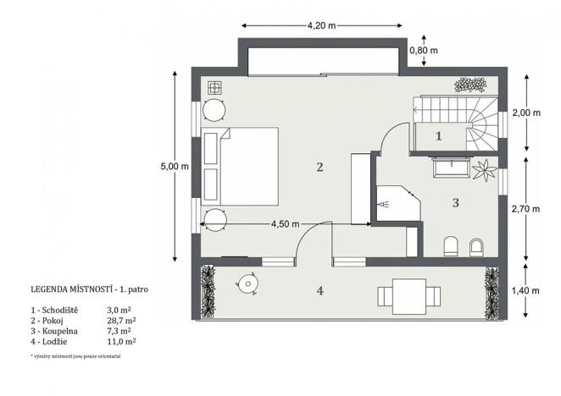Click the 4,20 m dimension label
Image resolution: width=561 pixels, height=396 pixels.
pyautogui.click(x=321, y=25)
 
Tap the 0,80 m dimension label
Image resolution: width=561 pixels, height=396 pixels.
pyautogui.click(x=424, y=51)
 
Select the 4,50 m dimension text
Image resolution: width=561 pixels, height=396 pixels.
pyautogui.click(x=285, y=224)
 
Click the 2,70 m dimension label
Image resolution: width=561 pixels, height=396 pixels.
pyautogui.click(x=527, y=206)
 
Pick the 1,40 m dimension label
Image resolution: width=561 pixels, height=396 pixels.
pyautogui.click(x=527, y=291)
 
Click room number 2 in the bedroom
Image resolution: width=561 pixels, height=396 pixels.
pyautogui.click(x=319, y=167)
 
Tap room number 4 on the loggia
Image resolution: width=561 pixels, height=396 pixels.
pyautogui.click(x=319, y=291)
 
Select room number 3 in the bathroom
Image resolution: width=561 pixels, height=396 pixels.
pyautogui.click(x=455, y=203)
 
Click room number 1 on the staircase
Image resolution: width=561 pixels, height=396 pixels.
pyautogui.click(x=439, y=135)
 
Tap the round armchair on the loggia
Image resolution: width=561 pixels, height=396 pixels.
pyautogui.click(x=248, y=282)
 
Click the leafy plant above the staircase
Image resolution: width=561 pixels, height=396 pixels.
pyautogui.click(x=469, y=85)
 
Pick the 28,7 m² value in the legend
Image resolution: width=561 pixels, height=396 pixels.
pyautogui.click(x=122, y=322)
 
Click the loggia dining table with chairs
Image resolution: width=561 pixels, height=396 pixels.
pyautogui.click(x=410, y=296)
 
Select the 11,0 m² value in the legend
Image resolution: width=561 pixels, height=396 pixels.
pyautogui.click(x=122, y=342)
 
